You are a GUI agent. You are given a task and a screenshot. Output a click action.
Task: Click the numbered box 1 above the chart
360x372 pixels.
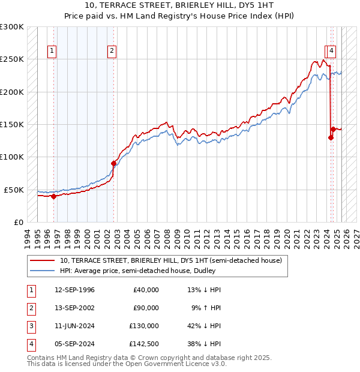pyautogui.click(x=53, y=52)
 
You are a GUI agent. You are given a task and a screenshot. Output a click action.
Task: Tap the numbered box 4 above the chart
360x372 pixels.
pyautogui.click(x=331, y=52)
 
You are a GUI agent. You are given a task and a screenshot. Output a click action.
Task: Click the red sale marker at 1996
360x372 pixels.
pyautogui.click(x=53, y=196)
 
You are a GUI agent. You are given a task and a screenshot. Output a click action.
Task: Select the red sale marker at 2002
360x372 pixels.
pyautogui.click(x=113, y=163)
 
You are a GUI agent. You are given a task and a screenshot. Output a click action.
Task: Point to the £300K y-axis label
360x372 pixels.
pyautogui.click(x=12, y=27)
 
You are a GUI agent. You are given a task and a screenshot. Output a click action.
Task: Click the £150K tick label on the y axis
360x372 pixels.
pyautogui.click(x=12, y=125)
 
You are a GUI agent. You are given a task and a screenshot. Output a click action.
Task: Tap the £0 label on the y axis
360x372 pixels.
pyautogui.click(x=19, y=222)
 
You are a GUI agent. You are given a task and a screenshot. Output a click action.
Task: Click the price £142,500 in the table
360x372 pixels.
pyautogui.click(x=145, y=344)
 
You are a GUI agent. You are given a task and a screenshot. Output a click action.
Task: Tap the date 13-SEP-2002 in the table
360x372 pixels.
pyautogui.click(x=74, y=308)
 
